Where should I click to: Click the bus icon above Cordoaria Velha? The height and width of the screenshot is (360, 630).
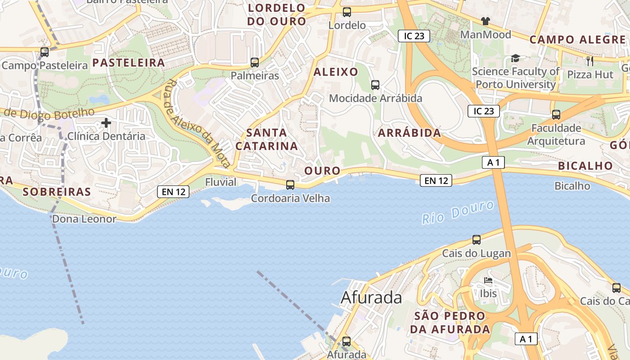point(290,184)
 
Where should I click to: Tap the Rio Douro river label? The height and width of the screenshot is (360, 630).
point(459,212)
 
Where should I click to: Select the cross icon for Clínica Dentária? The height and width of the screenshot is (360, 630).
point(106,122)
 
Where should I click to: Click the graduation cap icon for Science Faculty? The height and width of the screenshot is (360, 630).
point(515,58)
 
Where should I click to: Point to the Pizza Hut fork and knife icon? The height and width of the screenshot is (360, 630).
point(590,61)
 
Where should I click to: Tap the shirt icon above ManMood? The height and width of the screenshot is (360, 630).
point(486,21)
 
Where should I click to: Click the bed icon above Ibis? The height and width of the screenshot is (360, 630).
point(488,281)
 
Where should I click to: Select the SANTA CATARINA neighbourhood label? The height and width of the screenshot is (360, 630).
point(267,139)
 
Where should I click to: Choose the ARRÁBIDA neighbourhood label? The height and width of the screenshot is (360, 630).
point(409,133)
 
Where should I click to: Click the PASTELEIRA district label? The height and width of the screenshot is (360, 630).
point(129,63)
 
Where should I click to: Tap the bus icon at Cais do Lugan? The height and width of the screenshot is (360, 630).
point(477,240)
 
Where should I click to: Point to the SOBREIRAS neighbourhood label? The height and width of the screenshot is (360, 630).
point(57,192)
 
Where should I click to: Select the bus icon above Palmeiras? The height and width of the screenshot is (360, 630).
point(255,63)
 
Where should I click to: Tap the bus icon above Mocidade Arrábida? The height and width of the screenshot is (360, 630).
point(375,85)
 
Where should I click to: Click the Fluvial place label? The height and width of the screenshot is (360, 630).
point(220,182)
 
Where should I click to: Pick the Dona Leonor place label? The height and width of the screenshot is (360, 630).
point(84,219)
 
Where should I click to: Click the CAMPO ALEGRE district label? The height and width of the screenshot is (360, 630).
point(577,40)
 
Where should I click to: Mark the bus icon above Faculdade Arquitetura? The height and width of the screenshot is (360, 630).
point(556,115)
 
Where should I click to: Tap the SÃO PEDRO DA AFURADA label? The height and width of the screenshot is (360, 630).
point(450,322)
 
